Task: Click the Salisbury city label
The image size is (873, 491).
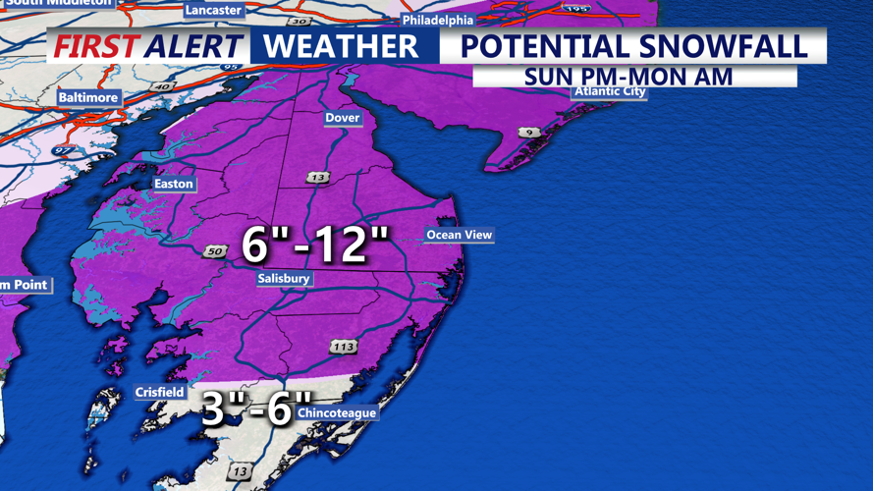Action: (284, 279)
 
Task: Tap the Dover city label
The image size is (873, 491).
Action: (343, 118)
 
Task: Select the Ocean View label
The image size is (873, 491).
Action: (459, 235)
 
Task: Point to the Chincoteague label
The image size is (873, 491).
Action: (336, 413)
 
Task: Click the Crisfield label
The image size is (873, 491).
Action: (159, 393)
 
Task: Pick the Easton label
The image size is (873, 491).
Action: (174, 184)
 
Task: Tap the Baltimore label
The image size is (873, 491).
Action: (87, 98)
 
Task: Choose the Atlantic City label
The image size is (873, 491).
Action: (610, 91)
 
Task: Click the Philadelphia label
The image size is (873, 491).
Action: (437, 20)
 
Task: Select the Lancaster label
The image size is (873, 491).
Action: (213, 10)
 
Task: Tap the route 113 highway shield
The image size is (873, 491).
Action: (343, 347)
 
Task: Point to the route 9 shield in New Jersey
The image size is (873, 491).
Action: (530, 132)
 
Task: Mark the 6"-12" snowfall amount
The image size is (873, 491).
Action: (316, 243)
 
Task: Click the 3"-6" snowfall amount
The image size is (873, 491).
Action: (249, 409)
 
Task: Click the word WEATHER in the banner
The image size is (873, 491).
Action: (341, 46)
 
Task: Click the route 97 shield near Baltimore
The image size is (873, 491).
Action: (63, 149)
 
